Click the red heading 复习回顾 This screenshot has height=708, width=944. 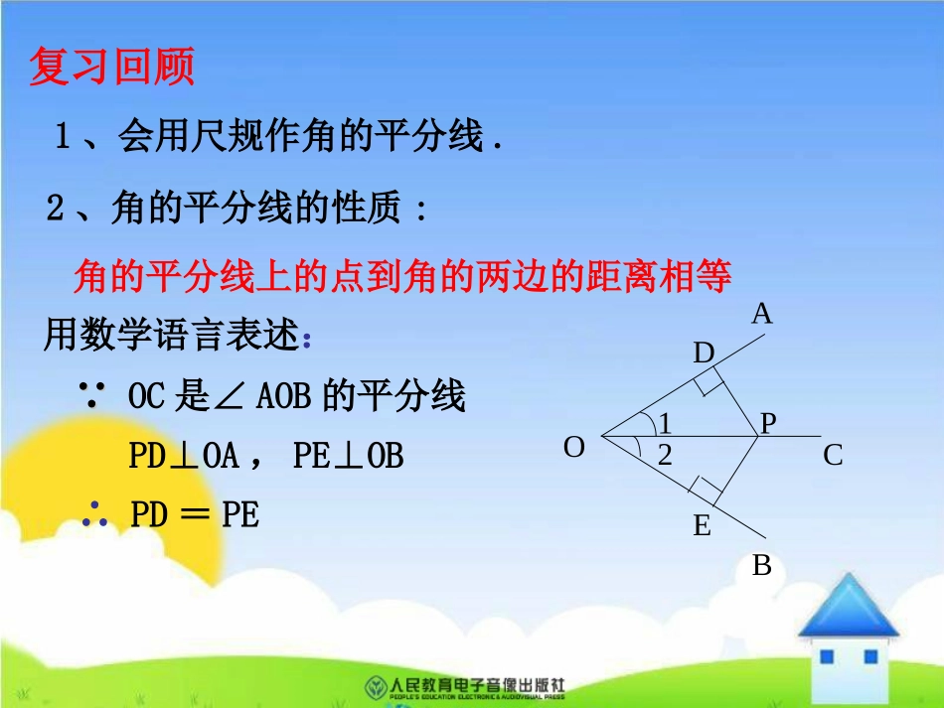pyautogui.click(x=111, y=68)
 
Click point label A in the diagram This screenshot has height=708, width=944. pyautogui.click(x=762, y=315)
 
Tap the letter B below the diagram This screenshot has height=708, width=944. pyautogui.click(x=762, y=566)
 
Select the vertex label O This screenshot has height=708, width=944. pyautogui.click(x=574, y=448)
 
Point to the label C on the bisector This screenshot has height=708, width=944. pyautogui.click(x=833, y=456)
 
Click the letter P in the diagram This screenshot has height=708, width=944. pyautogui.click(x=768, y=424)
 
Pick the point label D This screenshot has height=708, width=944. pyautogui.click(x=704, y=354)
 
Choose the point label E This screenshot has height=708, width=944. pyautogui.click(x=703, y=526)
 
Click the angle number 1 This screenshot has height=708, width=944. pyautogui.click(x=666, y=425)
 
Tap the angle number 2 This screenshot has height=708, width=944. pyautogui.click(x=665, y=457)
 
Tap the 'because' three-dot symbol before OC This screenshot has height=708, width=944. pyautogui.click(x=97, y=397)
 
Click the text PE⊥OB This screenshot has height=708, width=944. pyautogui.click(x=349, y=456)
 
